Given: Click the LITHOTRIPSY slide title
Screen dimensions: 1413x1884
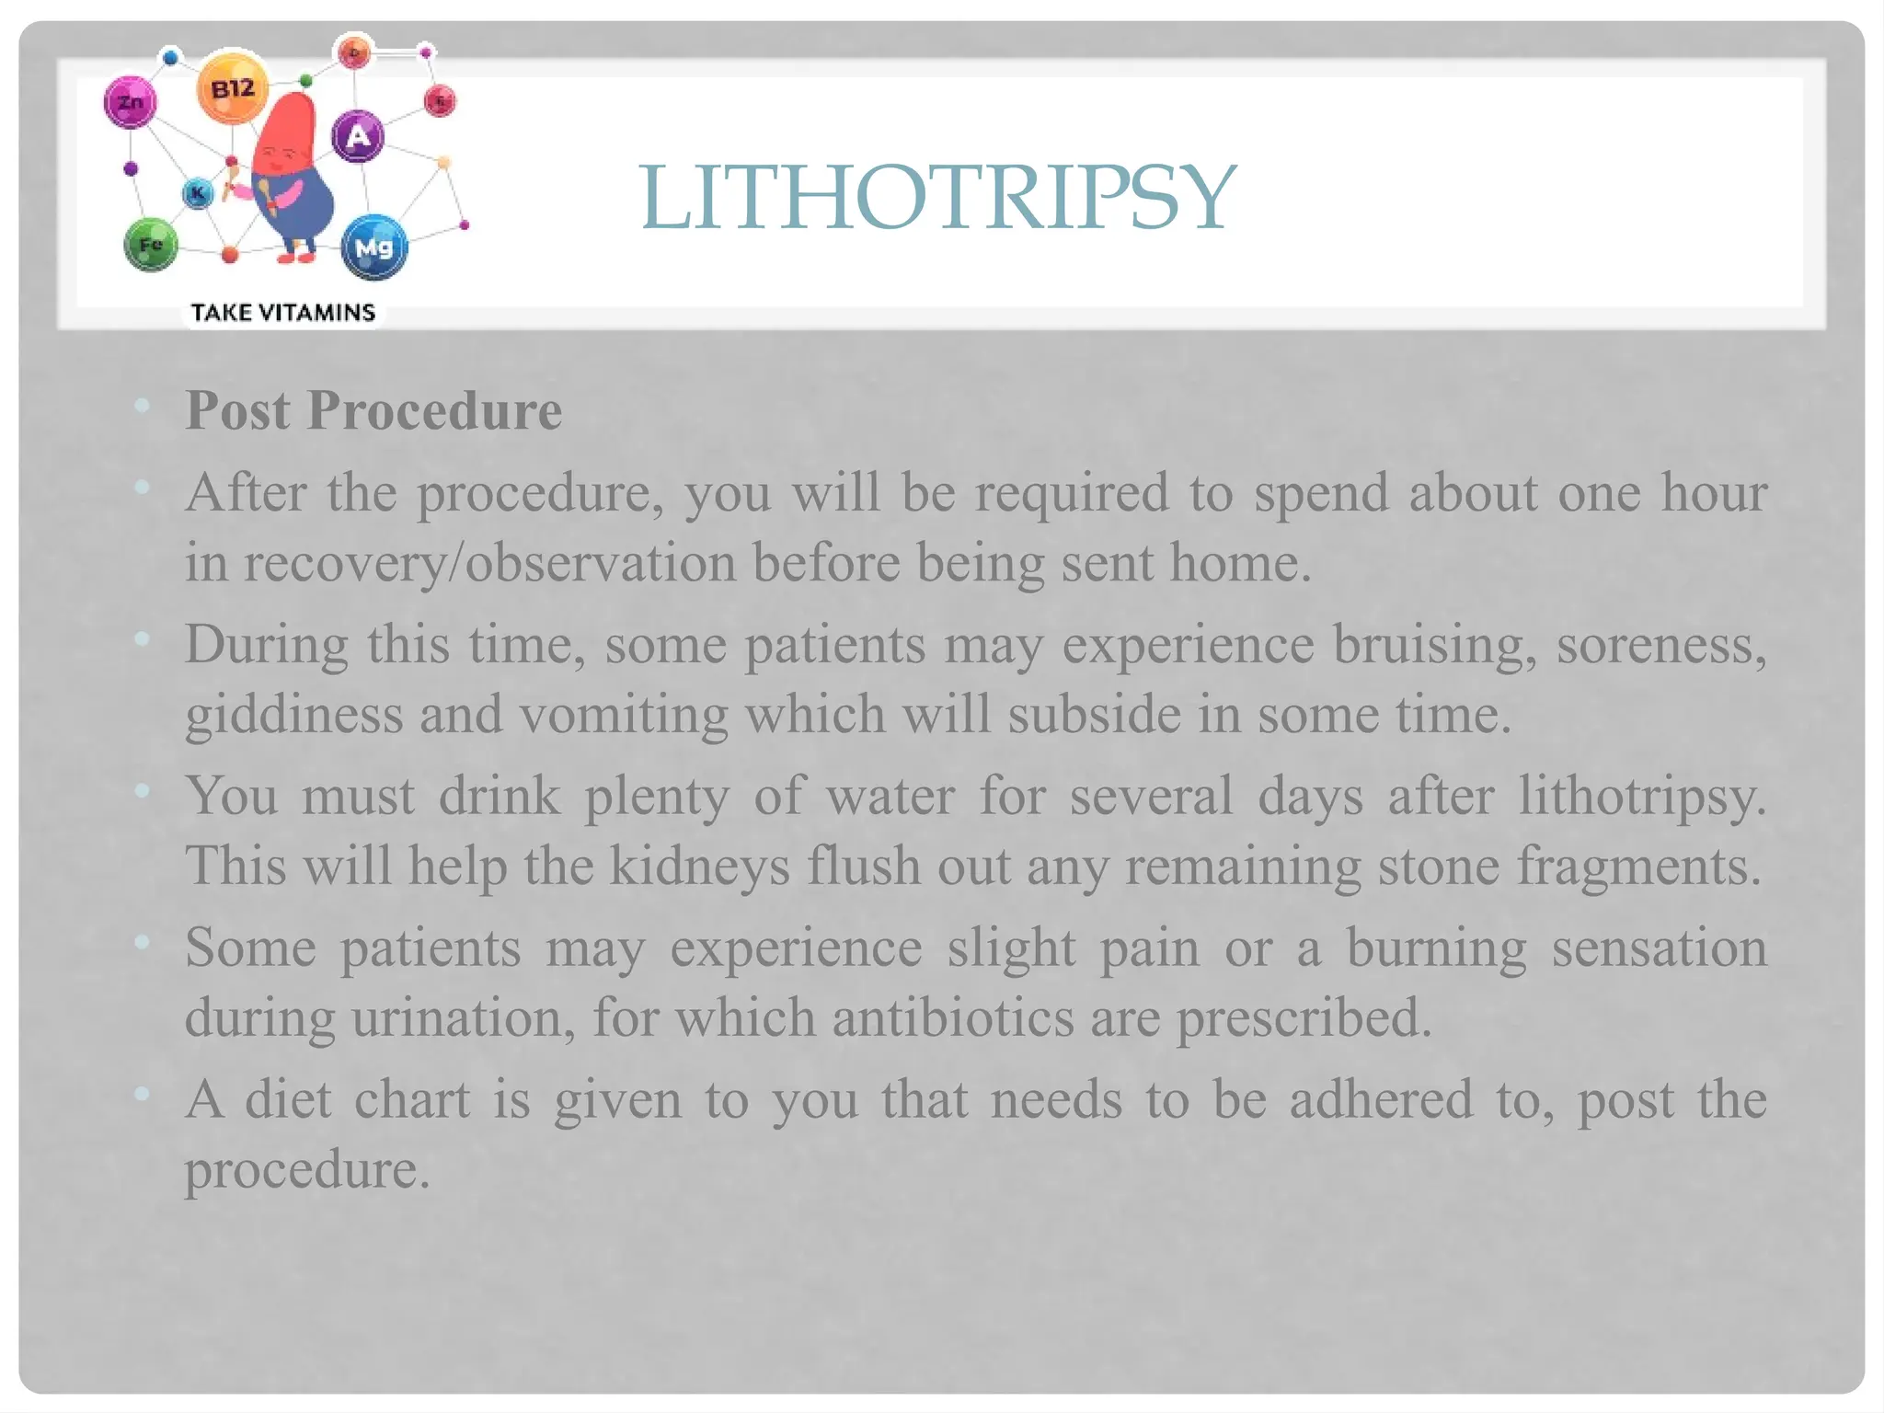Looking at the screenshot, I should [x=937, y=197].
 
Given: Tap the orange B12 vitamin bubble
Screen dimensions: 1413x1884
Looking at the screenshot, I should [x=233, y=89].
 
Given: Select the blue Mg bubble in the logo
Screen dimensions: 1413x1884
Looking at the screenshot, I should [x=373, y=247].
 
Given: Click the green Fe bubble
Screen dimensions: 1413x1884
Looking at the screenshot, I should [x=151, y=245].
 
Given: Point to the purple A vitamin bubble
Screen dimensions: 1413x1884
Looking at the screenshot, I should [x=357, y=136].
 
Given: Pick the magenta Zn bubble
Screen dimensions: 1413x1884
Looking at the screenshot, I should [x=131, y=102].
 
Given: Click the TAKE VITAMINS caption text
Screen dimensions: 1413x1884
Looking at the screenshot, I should [x=283, y=313].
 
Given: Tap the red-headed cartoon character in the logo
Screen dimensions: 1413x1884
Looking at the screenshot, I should [x=290, y=175].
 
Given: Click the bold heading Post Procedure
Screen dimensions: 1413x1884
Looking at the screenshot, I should [x=373, y=410].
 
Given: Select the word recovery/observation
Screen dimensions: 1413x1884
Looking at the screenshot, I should [x=488, y=562].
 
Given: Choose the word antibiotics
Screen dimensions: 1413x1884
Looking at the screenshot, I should [x=953, y=1017].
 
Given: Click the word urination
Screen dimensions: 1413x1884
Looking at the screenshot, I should [x=463, y=1017].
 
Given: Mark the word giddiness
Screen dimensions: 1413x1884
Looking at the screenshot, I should [x=293, y=714].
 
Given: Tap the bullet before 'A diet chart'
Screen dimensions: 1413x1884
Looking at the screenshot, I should [x=142, y=1094].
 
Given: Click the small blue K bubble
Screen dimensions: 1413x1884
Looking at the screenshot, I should [x=197, y=193].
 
